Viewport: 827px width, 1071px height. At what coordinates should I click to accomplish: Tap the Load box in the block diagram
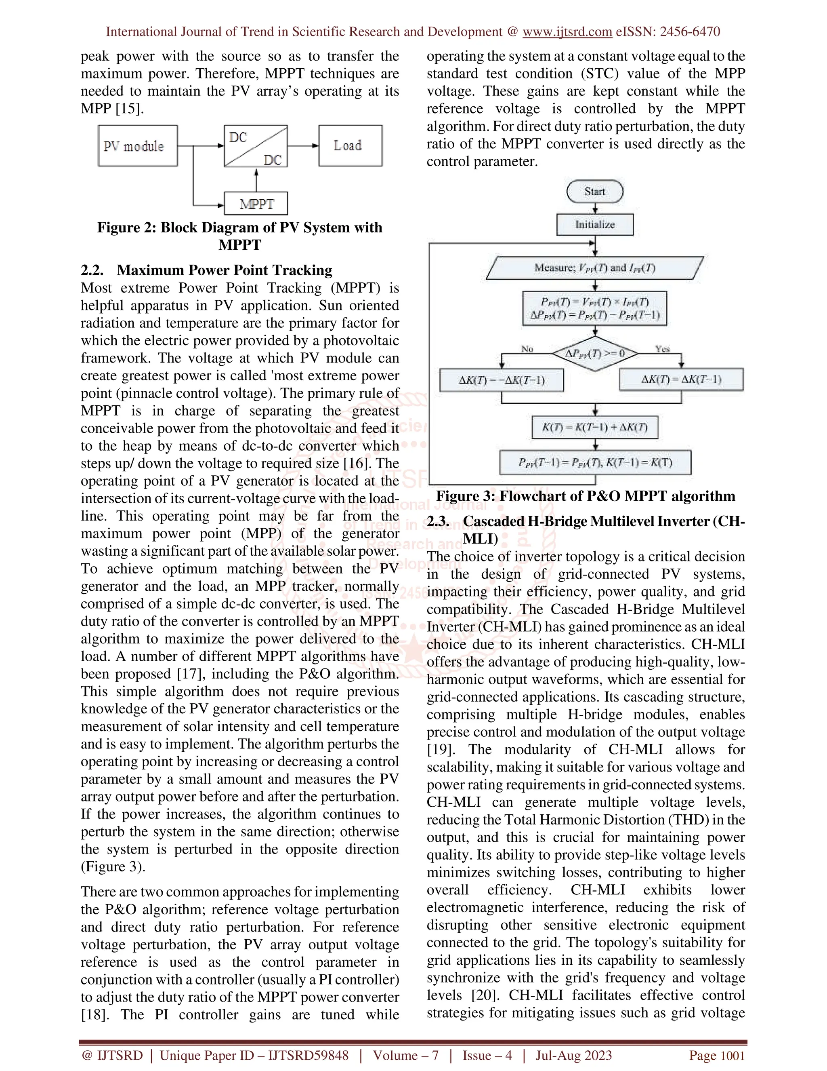[x=350, y=145]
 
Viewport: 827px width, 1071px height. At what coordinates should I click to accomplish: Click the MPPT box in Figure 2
[x=256, y=203]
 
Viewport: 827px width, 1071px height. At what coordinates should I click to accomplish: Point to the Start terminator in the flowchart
[x=595, y=191]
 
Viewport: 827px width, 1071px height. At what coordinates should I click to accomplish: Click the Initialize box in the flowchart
[x=595, y=225]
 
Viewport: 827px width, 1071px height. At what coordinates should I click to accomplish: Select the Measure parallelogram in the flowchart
[x=595, y=268]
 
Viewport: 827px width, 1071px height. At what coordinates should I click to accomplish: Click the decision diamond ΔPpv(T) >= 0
[x=595, y=354]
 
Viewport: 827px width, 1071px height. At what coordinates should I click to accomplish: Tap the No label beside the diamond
[x=527, y=349]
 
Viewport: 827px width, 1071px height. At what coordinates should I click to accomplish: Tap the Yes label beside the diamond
[x=662, y=349]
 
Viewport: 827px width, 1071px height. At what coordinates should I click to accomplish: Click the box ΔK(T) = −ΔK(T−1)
[x=502, y=380]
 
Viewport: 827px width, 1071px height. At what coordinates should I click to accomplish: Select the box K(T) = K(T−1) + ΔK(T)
[x=595, y=427]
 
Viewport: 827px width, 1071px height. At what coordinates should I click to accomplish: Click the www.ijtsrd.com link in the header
[x=567, y=32]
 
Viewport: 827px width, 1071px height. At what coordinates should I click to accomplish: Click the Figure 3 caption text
[x=586, y=496]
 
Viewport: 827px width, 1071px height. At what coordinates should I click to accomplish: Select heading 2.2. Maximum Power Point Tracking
[x=206, y=270]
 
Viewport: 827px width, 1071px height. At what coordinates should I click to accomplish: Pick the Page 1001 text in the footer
[x=717, y=1055]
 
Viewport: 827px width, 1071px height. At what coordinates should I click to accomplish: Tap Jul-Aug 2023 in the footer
[x=574, y=1055]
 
